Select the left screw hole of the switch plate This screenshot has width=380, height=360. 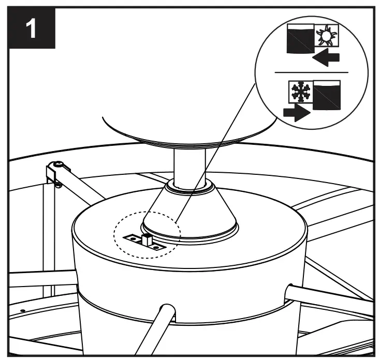click(x=133, y=239)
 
